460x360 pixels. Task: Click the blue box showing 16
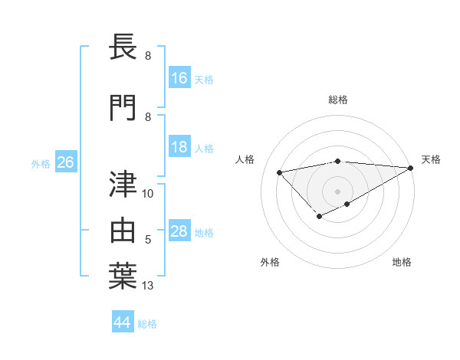179,78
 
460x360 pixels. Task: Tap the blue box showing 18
179,147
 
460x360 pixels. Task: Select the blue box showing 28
179,231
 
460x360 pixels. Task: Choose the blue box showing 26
65,162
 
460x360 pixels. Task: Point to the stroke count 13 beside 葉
148,286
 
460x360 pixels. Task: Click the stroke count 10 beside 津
148,194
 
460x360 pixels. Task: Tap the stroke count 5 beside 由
148,240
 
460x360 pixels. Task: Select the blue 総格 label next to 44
147,323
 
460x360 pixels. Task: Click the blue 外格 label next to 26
41,163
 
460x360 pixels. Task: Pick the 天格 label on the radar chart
431,159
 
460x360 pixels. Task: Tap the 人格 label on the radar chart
245,159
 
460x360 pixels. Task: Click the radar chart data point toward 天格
411,168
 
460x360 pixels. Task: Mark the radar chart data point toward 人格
279,172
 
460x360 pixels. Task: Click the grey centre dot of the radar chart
337,191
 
